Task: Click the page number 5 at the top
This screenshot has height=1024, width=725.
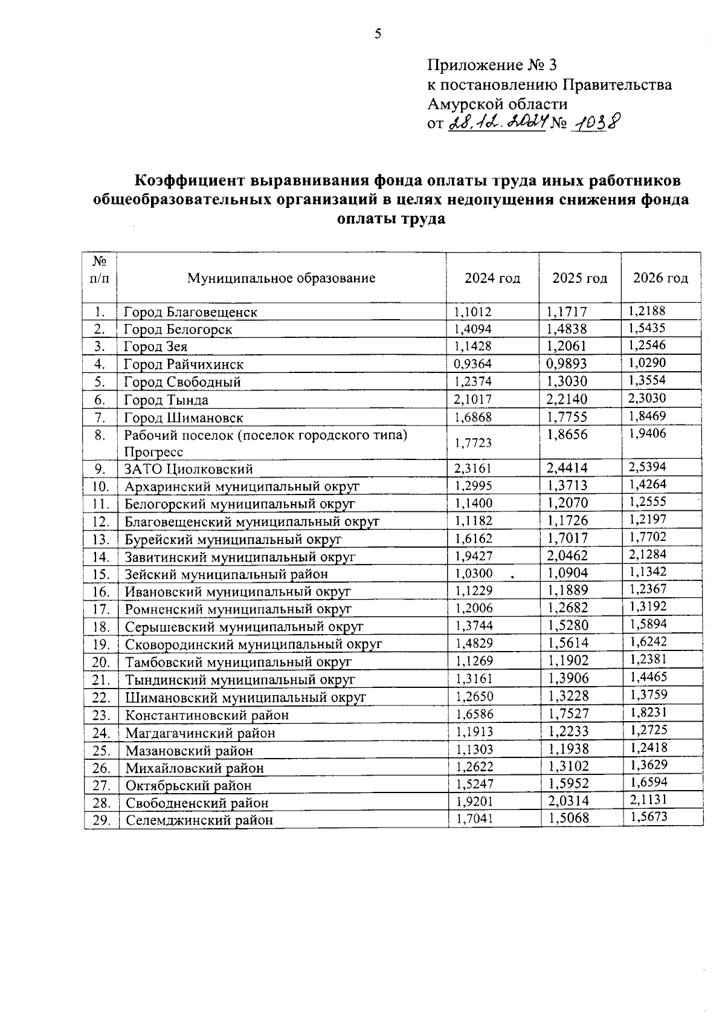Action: pyautogui.click(x=378, y=34)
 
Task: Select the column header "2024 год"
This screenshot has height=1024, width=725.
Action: pyautogui.click(x=492, y=278)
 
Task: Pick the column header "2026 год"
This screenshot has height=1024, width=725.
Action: pyautogui.click(x=660, y=278)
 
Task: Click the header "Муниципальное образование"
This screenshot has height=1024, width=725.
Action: pyautogui.click(x=281, y=278)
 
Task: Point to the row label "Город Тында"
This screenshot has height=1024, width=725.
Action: pyautogui.click(x=166, y=400)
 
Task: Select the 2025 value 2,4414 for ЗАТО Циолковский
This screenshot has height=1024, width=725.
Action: pyautogui.click(x=567, y=467)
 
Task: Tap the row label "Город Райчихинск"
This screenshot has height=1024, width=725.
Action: pyautogui.click(x=184, y=365)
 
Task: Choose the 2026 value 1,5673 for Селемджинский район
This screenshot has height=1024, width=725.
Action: pyautogui.click(x=648, y=817)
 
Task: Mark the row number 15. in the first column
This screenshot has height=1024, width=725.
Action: pyautogui.click(x=100, y=574)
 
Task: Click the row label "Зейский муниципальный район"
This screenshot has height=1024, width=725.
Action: pyautogui.click(x=227, y=574)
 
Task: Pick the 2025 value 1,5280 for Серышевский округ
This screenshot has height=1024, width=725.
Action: pyautogui.click(x=567, y=626)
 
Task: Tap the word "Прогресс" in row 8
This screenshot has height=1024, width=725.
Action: pyautogui.click(x=153, y=452)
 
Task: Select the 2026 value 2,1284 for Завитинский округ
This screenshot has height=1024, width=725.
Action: pyautogui.click(x=648, y=554)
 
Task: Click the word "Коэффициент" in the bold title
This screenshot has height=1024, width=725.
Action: pyautogui.click(x=189, y=181)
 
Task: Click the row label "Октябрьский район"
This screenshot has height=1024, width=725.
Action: pyautogui.click(x=188, y=786)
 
